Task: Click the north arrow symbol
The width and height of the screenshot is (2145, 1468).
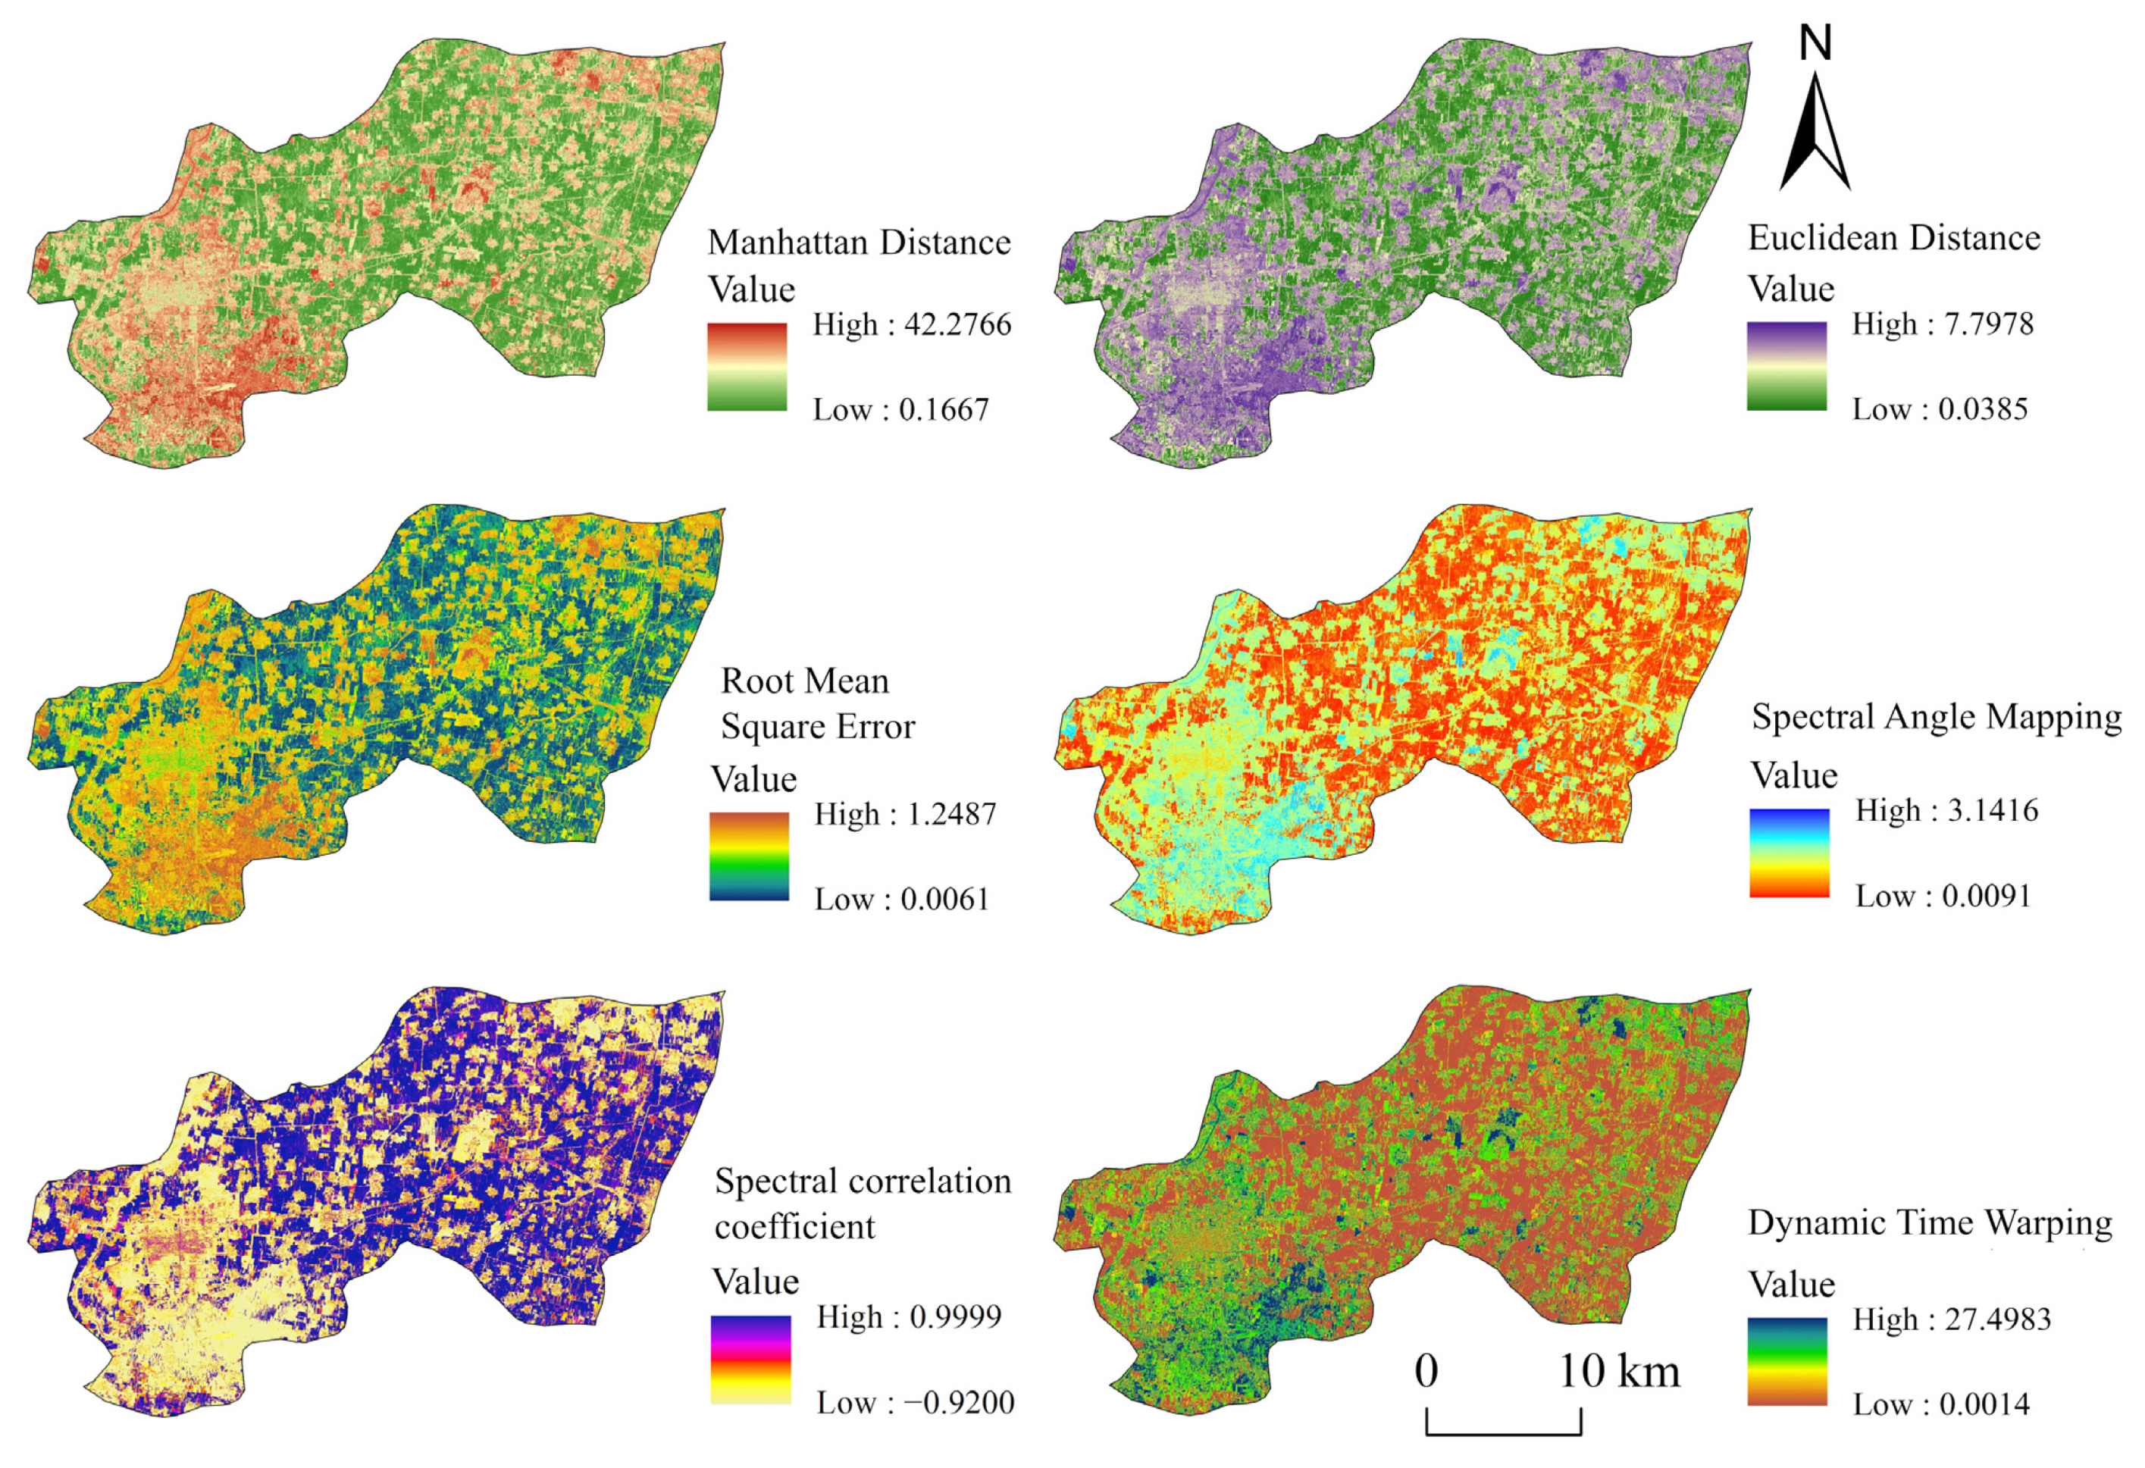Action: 1815,134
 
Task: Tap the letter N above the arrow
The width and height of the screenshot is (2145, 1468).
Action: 1815,43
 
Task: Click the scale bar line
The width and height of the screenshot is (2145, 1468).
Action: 1504,1433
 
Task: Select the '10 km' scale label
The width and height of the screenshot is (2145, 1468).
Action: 1619,1371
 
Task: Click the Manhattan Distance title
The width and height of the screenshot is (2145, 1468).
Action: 858,243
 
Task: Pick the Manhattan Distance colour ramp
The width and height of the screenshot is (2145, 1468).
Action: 747,366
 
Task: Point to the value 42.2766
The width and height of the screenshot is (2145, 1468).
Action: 957,325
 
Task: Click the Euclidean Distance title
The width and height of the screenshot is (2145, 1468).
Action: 1894,238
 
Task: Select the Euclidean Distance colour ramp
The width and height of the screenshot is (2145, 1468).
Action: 1787,365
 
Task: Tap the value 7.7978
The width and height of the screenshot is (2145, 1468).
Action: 1988,324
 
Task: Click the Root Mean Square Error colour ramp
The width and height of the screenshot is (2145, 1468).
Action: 749,856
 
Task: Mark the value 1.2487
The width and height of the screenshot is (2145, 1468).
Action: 950,814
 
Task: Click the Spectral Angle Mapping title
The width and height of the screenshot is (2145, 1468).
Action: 1937,717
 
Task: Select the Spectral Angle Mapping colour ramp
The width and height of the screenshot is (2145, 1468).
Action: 1789,853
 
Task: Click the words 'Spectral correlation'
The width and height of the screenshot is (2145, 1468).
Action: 863,1181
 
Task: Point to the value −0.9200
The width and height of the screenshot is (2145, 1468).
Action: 959,1403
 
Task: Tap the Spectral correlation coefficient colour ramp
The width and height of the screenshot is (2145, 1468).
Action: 750,1359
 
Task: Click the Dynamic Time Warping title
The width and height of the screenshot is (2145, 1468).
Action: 1930,1222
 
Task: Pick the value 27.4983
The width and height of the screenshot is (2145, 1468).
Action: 1997,1319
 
